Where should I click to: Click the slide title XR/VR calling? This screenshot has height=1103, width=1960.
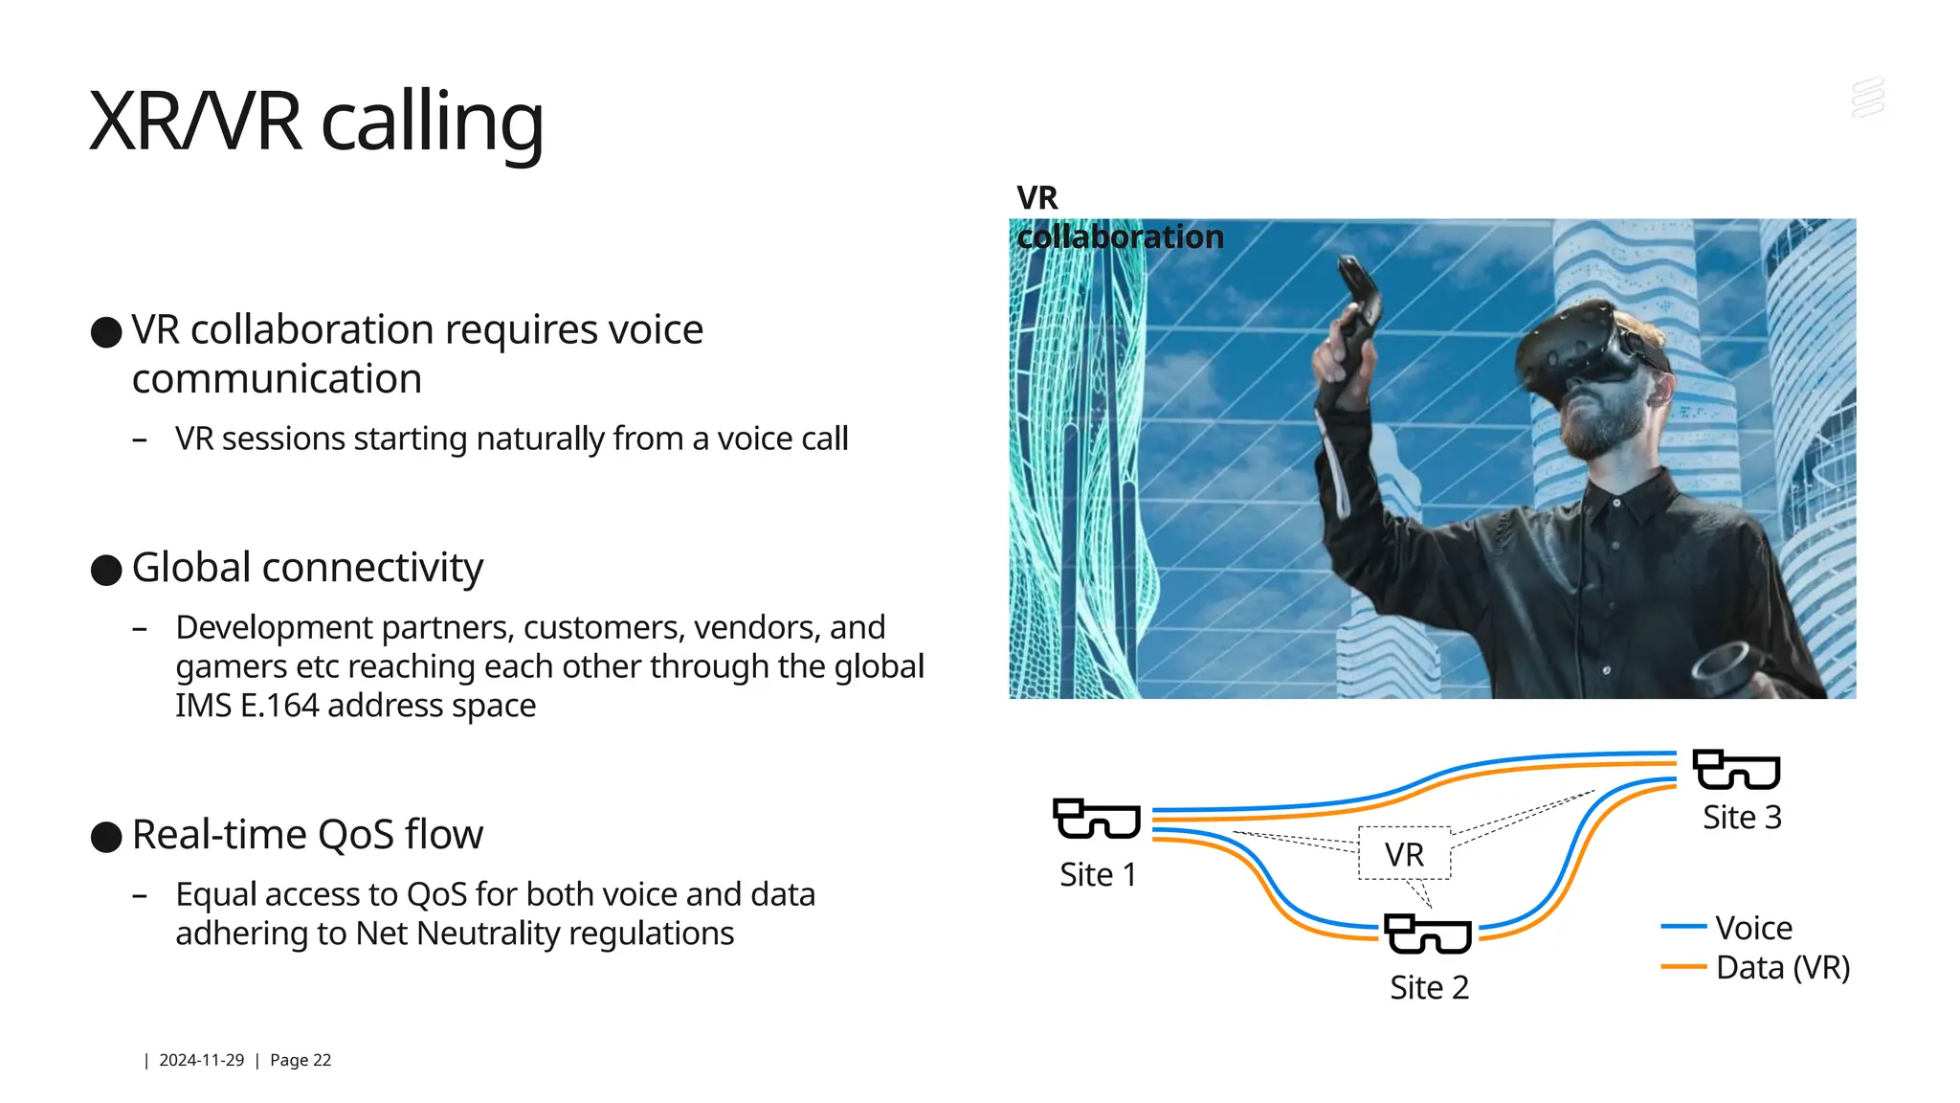pos(316,122)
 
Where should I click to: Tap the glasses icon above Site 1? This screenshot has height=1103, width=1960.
pos(1097,820)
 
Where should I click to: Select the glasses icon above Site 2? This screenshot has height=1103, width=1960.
pos(1428,934)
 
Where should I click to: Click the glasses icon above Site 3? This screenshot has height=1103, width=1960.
pos(1736,770)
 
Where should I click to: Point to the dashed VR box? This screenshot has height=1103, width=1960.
pos(1404,853)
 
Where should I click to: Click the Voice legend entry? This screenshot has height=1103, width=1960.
pos(1752,927)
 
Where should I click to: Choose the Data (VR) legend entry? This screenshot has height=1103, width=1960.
pos(1782,967)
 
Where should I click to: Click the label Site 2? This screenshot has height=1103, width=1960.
pos(1429,987)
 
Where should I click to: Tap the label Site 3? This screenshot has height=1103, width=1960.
pos(1742,817)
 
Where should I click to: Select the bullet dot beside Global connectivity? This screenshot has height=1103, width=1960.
pos(106,570)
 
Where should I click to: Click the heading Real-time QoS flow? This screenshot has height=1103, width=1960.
pos(307,834)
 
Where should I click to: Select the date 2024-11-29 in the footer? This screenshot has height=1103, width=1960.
pos(201,1060)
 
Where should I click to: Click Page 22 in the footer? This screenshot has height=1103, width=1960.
pos(301,1060)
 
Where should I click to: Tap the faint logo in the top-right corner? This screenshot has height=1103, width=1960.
pos(1867,98)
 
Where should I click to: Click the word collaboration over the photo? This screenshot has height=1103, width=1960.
pos(1120,236)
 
